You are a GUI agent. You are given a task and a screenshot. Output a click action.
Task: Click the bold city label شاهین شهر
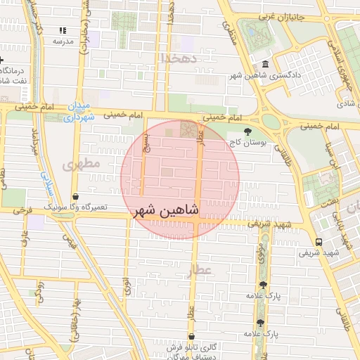tap(165, 211)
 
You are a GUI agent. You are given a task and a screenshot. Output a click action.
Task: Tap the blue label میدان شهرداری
tap(79, 112)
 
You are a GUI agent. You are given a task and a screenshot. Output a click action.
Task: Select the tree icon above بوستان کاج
tap(247, 131)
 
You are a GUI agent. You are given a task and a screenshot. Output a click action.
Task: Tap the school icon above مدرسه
tap(63, 31)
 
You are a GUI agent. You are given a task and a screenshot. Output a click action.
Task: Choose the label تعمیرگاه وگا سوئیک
tap(75, 208)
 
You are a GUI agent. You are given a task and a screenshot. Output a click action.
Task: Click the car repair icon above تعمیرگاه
tap(75, 197)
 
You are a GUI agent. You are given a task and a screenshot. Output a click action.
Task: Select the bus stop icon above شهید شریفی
tap(319, 241)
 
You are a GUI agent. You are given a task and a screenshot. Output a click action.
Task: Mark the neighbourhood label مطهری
tap(82, 165)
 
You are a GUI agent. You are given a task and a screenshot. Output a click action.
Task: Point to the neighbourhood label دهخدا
tap(177, 57)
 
